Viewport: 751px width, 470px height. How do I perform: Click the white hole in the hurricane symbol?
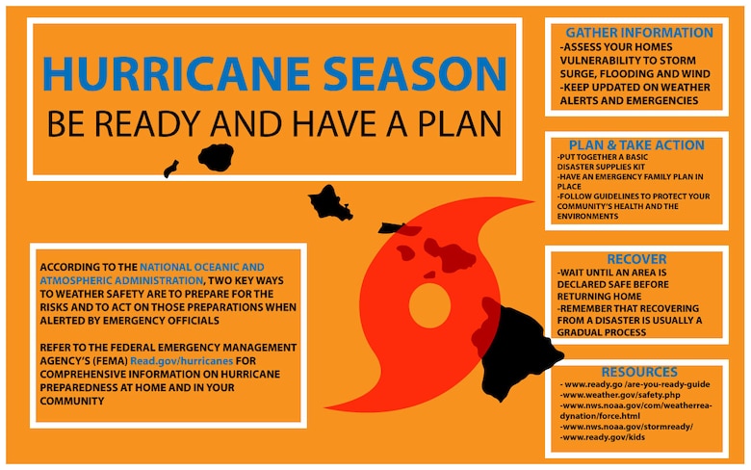(429, 305)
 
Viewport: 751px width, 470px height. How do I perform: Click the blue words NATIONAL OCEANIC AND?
(202, 265)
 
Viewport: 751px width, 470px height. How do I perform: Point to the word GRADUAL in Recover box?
(592, 332)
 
